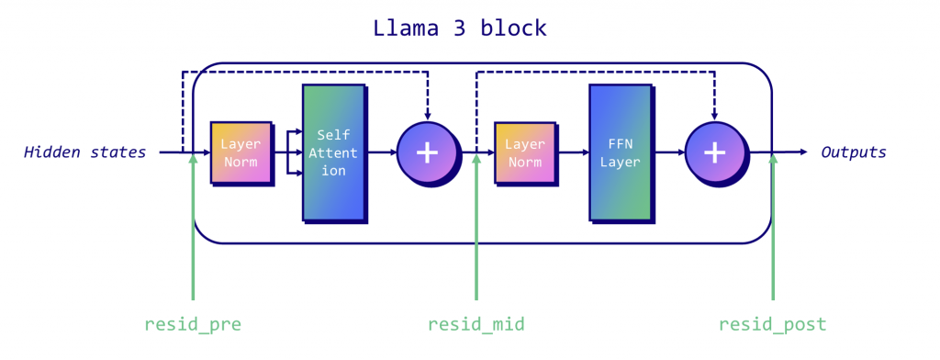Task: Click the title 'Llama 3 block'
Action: [x=459, y=28]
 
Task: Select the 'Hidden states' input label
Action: [x=84, y=152]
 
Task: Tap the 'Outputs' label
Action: [x=854, y=152]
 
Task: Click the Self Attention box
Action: [x=332, y=152]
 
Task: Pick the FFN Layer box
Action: [x=619, y=152]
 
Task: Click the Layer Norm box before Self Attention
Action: [x=241, y=152]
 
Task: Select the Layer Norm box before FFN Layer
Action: [x=524, y=152]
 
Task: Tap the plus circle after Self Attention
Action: [x=427, y=152]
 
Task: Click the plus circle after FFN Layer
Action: [x=714, y=152]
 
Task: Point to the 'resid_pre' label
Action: [x=193, y=324]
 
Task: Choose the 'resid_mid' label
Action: [x=476, y=324]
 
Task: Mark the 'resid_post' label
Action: [x=772, y=324]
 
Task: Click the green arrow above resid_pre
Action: [x=193, y=230]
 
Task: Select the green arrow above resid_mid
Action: [x=476, y=230]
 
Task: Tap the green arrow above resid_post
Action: [x=773, y=230]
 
